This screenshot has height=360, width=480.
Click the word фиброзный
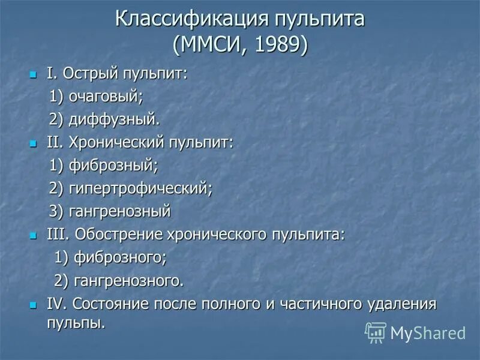[114, 165]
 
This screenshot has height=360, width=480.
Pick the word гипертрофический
[142, 188]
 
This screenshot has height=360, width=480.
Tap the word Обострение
[112, 234]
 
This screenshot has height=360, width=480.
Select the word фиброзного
[120, 257]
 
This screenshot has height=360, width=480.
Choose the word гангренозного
[128, 280]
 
